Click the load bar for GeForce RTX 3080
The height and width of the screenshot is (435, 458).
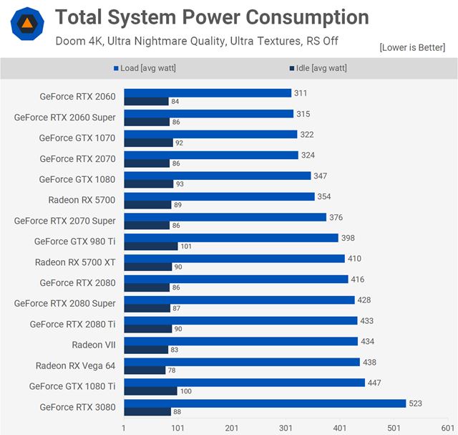265,403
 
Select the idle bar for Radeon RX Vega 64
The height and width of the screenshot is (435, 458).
145,371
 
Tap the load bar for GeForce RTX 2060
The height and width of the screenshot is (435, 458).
208,92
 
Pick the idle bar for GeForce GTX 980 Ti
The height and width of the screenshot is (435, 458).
150,246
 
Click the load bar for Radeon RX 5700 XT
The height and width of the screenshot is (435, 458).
234,258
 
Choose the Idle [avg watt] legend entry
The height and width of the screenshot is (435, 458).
318,69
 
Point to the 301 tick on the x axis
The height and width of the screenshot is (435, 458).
286,428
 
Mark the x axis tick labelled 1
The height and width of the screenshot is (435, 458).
125,428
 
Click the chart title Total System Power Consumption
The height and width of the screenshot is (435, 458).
212,17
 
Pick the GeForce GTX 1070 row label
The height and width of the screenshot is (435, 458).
77,138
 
